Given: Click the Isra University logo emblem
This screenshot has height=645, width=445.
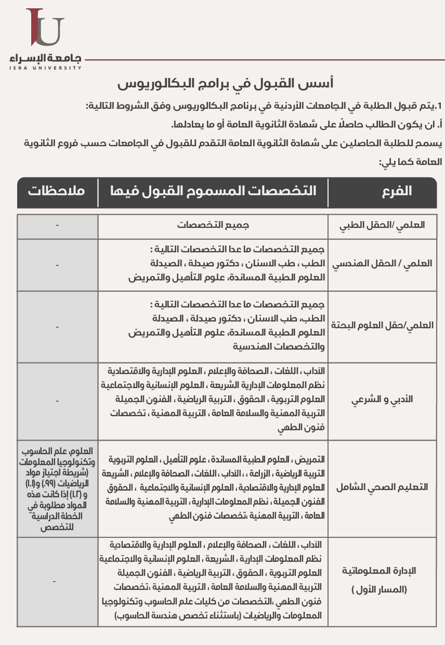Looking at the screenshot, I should [x=46, y=28].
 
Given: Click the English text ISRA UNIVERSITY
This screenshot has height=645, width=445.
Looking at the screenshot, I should [x=45, y=68].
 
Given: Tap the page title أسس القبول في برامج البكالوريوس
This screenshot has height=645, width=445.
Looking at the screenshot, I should [x=226, y=83].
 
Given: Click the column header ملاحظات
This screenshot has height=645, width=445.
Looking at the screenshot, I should [x=57, y=191].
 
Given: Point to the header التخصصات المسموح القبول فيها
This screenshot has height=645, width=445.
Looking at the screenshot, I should [x=213, y=191].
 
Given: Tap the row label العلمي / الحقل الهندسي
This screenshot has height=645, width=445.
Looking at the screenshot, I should [x=382, y=264].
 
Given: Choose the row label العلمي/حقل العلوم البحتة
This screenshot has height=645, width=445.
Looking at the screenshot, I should [x=382, y=326].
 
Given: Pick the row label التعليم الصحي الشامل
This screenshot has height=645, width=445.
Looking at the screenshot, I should [x=382, y=487].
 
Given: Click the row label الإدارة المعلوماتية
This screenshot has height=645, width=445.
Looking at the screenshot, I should [x=380, y=571].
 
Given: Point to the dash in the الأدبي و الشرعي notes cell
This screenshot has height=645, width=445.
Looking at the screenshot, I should [x=57, y=401].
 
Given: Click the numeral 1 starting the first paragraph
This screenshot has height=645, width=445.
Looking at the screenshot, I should [x=439, y=107].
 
